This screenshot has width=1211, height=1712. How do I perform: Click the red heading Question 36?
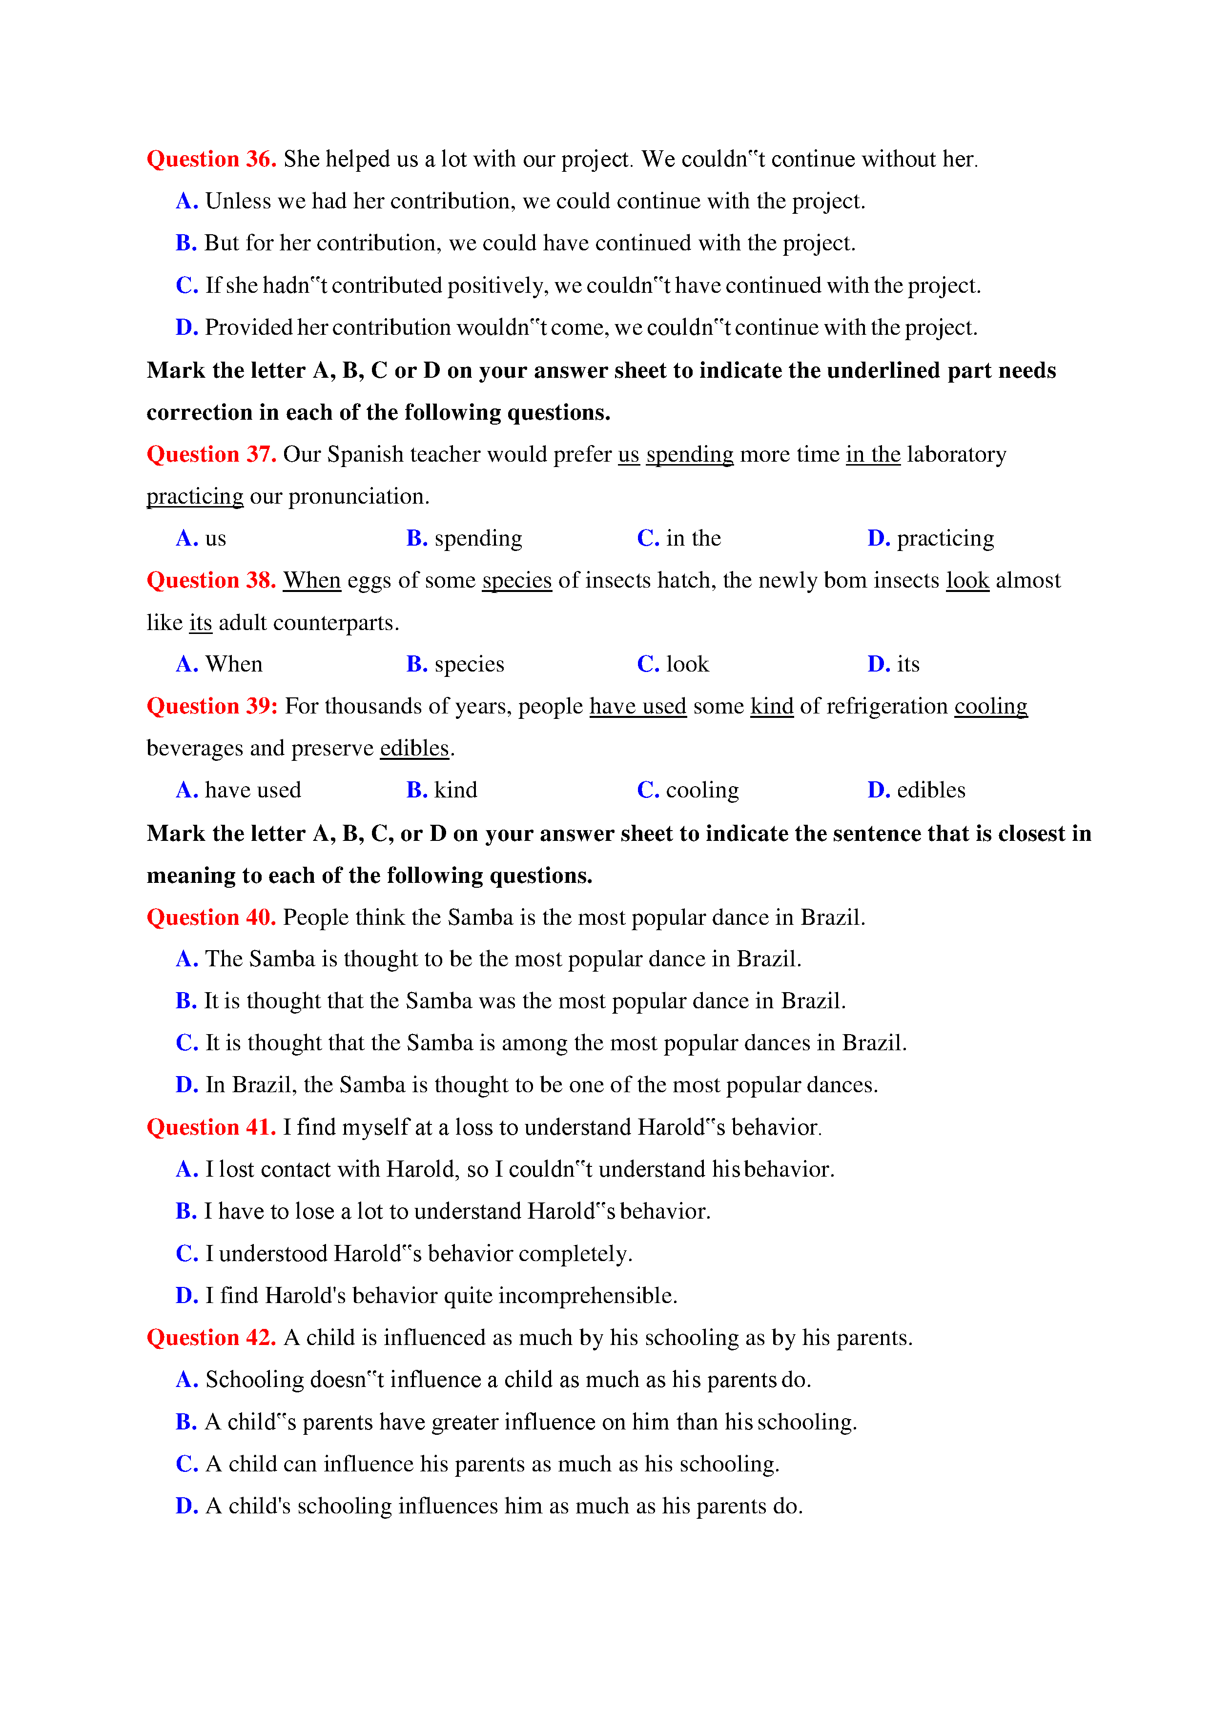tap(211, 159)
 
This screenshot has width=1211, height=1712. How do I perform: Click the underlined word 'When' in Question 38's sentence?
tap(312, 580)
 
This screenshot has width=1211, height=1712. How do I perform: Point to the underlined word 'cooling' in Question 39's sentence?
tap(990, 706)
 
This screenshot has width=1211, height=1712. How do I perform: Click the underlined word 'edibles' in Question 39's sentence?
tap(414, 748)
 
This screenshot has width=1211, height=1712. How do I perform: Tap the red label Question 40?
tap(211, 917)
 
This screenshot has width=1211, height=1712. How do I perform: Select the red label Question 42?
tap(211, 1338)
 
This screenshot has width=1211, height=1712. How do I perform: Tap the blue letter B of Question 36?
tap(185, 243)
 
